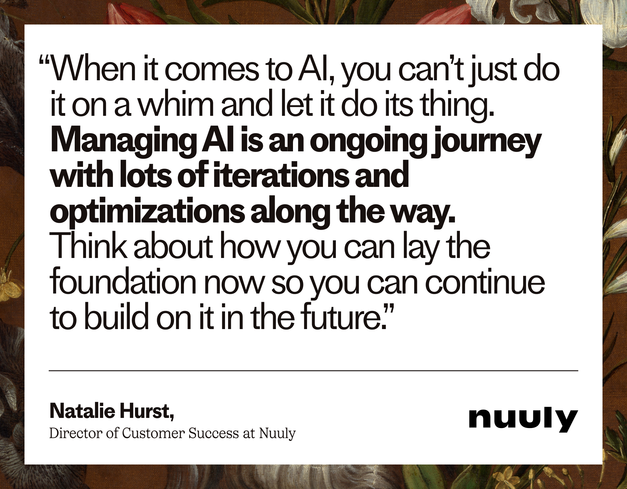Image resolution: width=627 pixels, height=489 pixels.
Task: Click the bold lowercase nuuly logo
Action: tap(523, 419)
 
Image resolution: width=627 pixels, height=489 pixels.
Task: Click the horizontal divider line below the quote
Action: tap(313, 371)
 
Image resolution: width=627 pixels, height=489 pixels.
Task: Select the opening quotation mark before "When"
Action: tap(45, 63)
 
